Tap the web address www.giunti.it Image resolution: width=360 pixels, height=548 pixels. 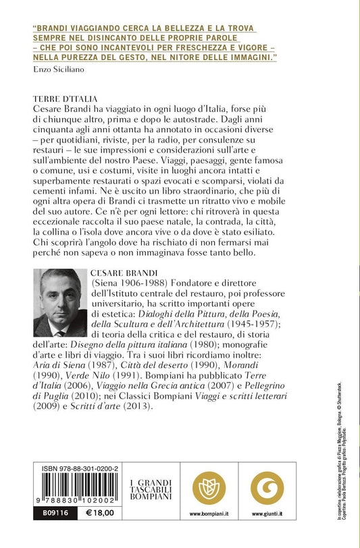coord(267,514)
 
